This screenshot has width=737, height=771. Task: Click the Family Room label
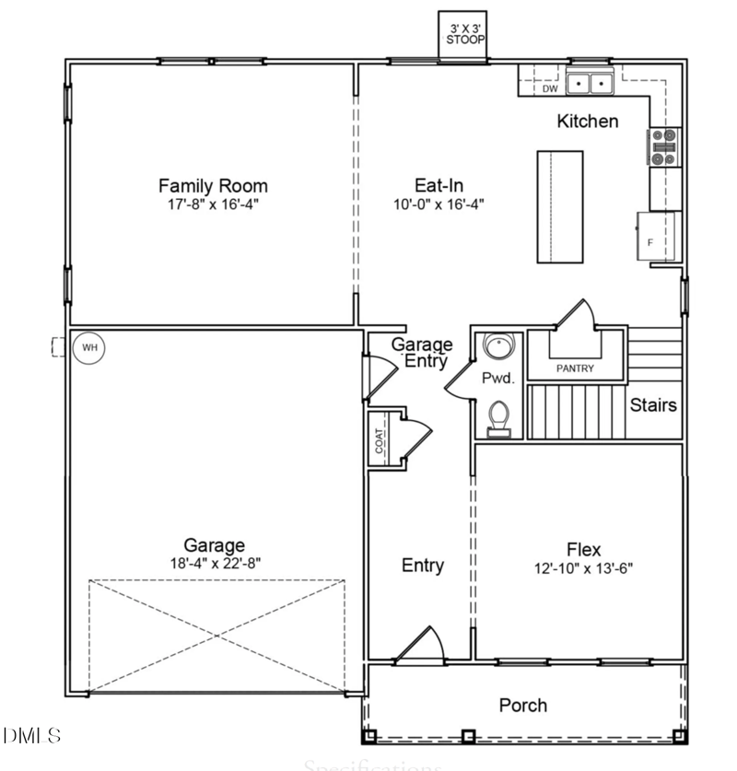pyautogui.click(x=213, y=186)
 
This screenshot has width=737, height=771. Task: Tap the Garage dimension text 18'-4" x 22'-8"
pyautogui.click(x=213, y=563)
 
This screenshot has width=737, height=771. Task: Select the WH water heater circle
pyautogui.click(x=89, y=348)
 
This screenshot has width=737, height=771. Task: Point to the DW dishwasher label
pyautogui.click(x=549, y=89)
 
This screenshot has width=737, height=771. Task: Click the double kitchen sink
pyautogui.click(x=590, y=84)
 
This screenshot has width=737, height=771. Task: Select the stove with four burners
pyautogui.click(x=664, y=146)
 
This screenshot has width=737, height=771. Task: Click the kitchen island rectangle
pyautogui.click(x=560, y=207)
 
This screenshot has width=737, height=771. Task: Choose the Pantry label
pyautogui.click(x=575, y=368)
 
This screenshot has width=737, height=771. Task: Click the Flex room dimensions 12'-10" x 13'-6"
pyautogui.click(x=583, y=569)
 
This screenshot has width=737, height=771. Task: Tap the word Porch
pyautogui.click(x=522, y=706)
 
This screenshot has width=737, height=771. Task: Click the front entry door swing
pyautogui.click(x=426, y=645)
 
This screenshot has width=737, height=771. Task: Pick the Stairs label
pyautogui.click(x=653, y=404)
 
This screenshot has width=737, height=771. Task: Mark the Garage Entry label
pyautogui.click(x=422, y=352)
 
